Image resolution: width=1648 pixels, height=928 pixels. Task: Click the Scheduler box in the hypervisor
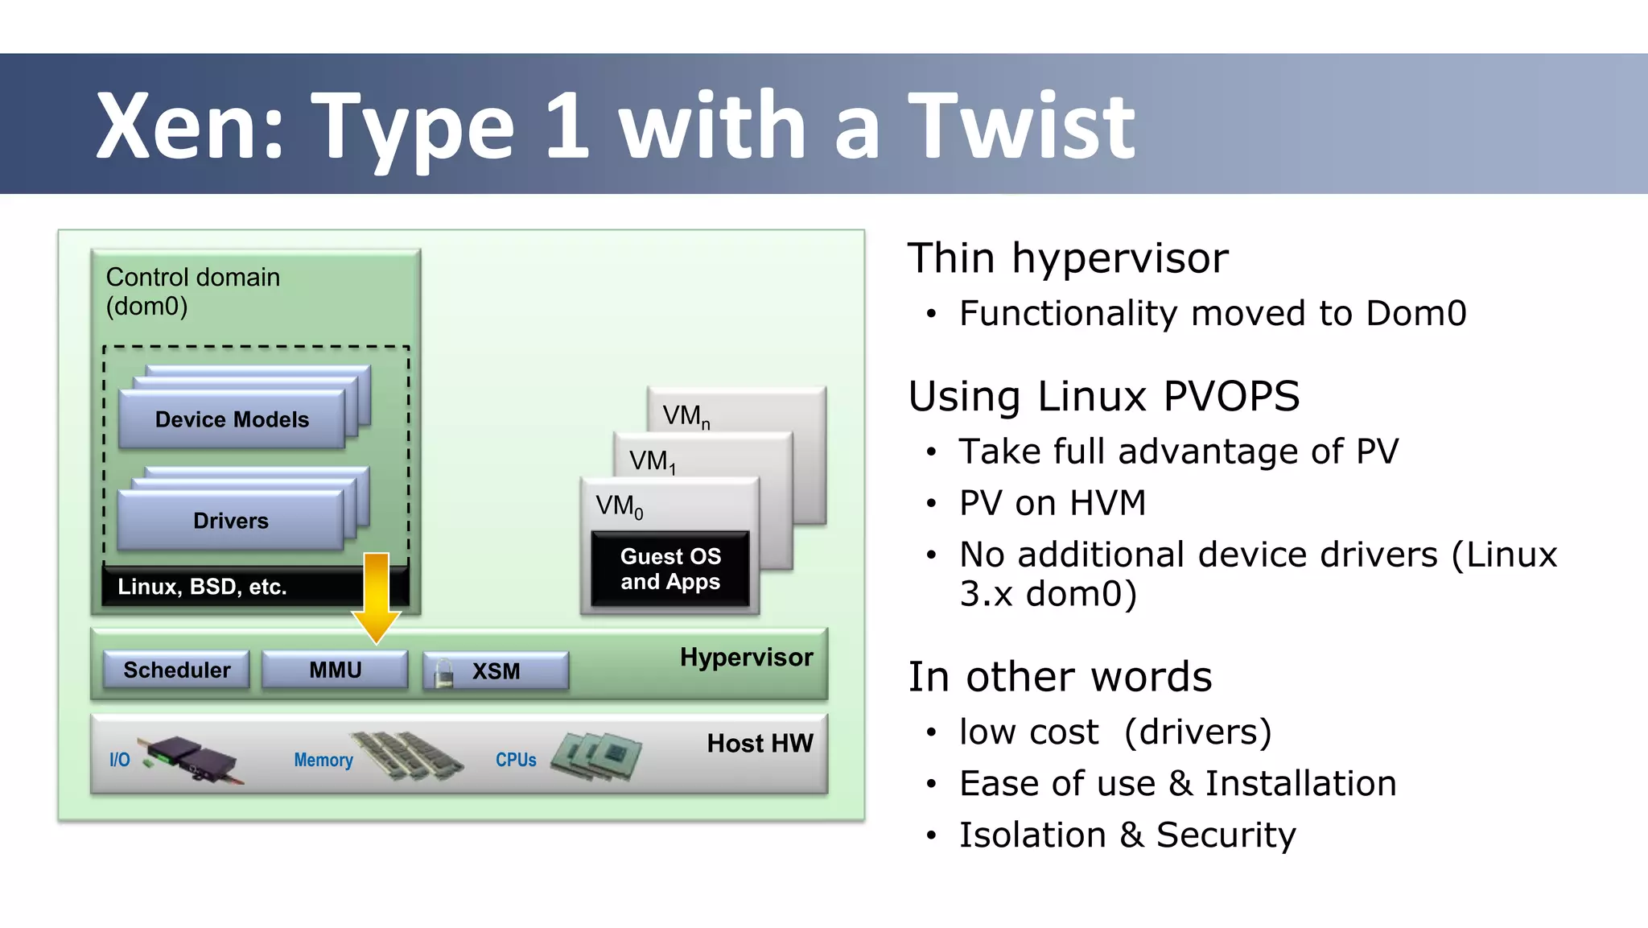(176, 670)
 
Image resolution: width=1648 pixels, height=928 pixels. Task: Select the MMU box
(335, 670)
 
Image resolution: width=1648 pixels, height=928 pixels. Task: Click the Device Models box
(232, 419)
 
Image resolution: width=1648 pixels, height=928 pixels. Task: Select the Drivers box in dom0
(231, 521)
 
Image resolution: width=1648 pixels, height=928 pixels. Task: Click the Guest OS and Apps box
(670, 569)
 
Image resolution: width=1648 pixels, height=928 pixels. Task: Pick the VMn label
(686, 416)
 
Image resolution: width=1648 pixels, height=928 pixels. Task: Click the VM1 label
(652, 461)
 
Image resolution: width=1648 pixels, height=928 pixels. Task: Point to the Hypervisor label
(746, 657)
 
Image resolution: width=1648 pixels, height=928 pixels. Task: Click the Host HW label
(760, 743)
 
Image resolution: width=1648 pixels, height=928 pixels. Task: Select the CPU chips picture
(596, 756)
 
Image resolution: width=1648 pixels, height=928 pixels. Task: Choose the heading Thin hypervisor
(1068, 258)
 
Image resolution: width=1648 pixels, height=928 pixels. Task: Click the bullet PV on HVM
(1052, 503)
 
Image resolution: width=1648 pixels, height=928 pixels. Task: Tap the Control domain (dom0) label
(192, 291)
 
